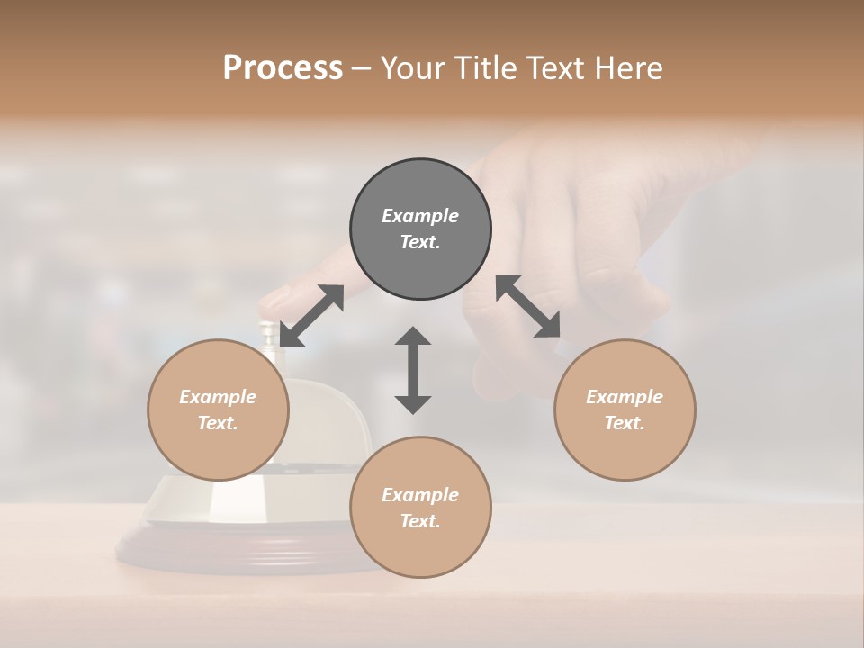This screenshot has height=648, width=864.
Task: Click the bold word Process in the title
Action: point(283,68)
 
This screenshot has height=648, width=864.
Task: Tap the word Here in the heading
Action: point(626,68)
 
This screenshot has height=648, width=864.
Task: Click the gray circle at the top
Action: point(420,229)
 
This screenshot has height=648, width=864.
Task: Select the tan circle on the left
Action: point(218,409)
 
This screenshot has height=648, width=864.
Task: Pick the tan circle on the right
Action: point(625,409)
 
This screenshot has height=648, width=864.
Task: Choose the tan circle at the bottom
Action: point(420,507)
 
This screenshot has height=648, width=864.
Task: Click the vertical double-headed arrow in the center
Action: point(413,370)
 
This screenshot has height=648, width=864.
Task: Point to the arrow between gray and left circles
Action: point(311,315)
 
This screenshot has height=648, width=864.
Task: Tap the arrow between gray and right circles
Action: point(528,306)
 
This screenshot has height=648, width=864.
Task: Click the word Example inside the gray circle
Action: point(420,216)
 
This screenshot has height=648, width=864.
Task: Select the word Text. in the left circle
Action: point(218,423)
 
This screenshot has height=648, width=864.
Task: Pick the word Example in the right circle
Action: point(625,397)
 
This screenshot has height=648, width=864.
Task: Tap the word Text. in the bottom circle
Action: point(420,521)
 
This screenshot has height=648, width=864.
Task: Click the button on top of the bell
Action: point(267,331)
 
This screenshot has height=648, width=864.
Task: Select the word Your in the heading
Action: point(413,68)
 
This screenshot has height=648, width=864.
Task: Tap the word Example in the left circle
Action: point(218,397)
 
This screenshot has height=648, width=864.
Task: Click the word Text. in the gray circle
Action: point(420,242)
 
